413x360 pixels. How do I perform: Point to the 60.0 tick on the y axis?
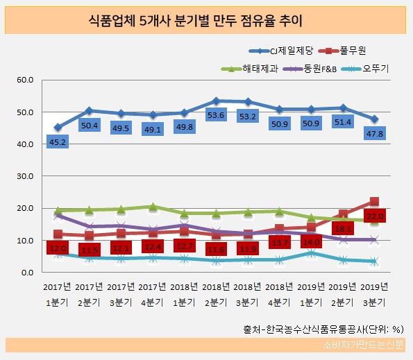click(x=25, y=80)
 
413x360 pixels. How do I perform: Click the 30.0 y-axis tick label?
click(x=25, y=176)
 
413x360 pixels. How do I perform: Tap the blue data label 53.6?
click(x=219, y=115)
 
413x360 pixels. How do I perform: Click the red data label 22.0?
click(x=374, y=217)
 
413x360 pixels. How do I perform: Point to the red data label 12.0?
click(x=58, y=248)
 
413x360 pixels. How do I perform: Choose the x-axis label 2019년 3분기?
click(x=374, y=292)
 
